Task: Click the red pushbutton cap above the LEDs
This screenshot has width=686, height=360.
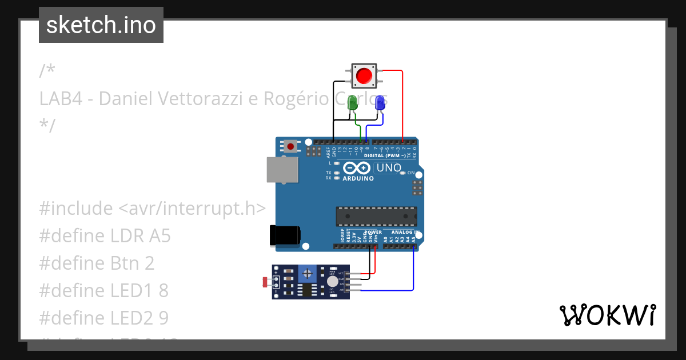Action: pyautogui.click(x=364, y=75)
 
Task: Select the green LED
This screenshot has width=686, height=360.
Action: pyautogui.click(x=353, y=104)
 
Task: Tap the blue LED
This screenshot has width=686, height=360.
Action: pyautogui.click(x=380, y=103)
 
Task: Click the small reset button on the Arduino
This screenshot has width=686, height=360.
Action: pyautogui.click(x=291, y=146)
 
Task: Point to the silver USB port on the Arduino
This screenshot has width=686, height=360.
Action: pyautogui.click(x=282, y=169)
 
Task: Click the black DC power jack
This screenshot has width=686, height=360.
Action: pyautogui.click(x=285, y=235)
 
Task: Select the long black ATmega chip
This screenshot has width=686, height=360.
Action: pyautogui.click(x=376, y=216)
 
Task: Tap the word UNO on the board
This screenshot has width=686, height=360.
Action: pyautogui.click(x=388, y=168)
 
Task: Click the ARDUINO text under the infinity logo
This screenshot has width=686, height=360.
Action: pyautogui.click(x=358, y=179)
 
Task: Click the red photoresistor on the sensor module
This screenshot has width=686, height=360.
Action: pyautogui.click(x=265, y=282)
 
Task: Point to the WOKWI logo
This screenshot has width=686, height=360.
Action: pyautogui.click(x=607, y=315)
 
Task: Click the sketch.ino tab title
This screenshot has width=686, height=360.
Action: pyautogui.click(x=101, y=25)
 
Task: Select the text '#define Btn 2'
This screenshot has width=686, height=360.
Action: pyautogui.click(x=97, y=263)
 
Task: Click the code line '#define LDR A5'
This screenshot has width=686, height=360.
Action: pyautogui.click(x=105, y=235)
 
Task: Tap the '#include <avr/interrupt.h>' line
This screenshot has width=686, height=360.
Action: pyautogui.click(x=153, y=209)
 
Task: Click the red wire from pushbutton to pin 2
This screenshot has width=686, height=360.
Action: pyautogui.click(x=402, y=103)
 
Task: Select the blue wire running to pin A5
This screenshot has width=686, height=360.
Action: pyautogui.click(x=413, y=269)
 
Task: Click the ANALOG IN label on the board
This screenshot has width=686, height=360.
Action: pyautogui.click(x=405, y=233)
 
